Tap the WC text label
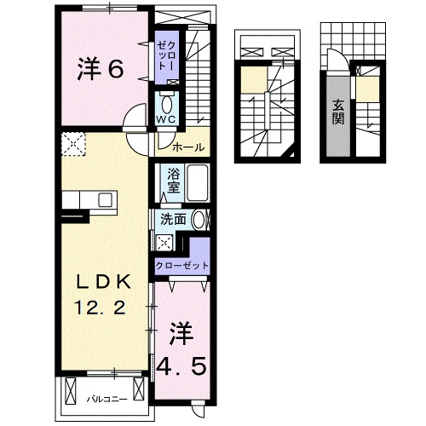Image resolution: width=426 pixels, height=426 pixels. click(x=166, y=120)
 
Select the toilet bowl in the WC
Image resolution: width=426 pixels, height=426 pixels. click(x=166, y=102)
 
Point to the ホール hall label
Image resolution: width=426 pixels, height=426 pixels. click(x=187, y=147)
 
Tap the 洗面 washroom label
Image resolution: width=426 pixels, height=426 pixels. click(x=175, y=219)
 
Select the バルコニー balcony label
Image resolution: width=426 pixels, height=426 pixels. click(x=107, y=399)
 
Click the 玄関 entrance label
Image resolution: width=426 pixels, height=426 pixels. click(x=338, y=111)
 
